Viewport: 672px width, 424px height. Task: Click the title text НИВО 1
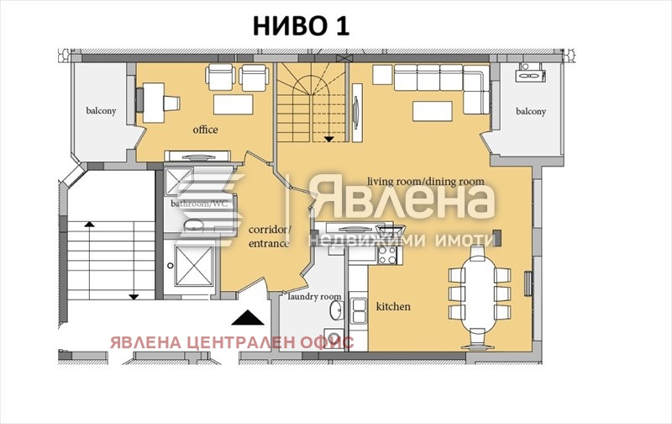pos(301,26)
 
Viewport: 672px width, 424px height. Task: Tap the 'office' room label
pos(205,130)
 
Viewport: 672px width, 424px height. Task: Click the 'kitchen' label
pos(392,306)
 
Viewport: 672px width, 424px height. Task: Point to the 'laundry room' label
pos(314,296)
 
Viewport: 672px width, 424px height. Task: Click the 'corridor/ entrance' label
pos(269,236)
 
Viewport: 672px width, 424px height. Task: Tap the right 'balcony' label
pos(530,111)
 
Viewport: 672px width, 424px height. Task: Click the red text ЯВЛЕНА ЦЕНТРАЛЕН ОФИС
pos(231,342)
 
